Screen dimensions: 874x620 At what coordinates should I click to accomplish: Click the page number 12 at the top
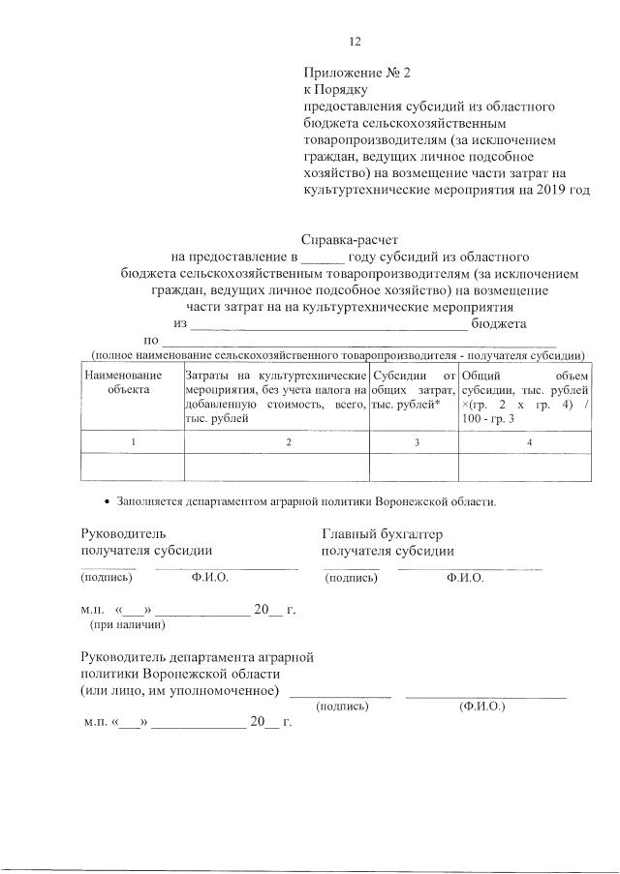(x=355, y=41)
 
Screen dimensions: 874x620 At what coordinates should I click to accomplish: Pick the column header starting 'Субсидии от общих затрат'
(x=414, y=388)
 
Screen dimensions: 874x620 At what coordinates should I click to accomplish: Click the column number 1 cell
(x=133, y=441)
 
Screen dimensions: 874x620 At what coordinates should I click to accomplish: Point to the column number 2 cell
(x=289, y=441)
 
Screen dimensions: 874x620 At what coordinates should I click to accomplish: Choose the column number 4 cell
(x=528, y=441)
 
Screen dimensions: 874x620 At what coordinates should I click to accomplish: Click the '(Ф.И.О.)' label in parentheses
(x=481, y=707)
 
